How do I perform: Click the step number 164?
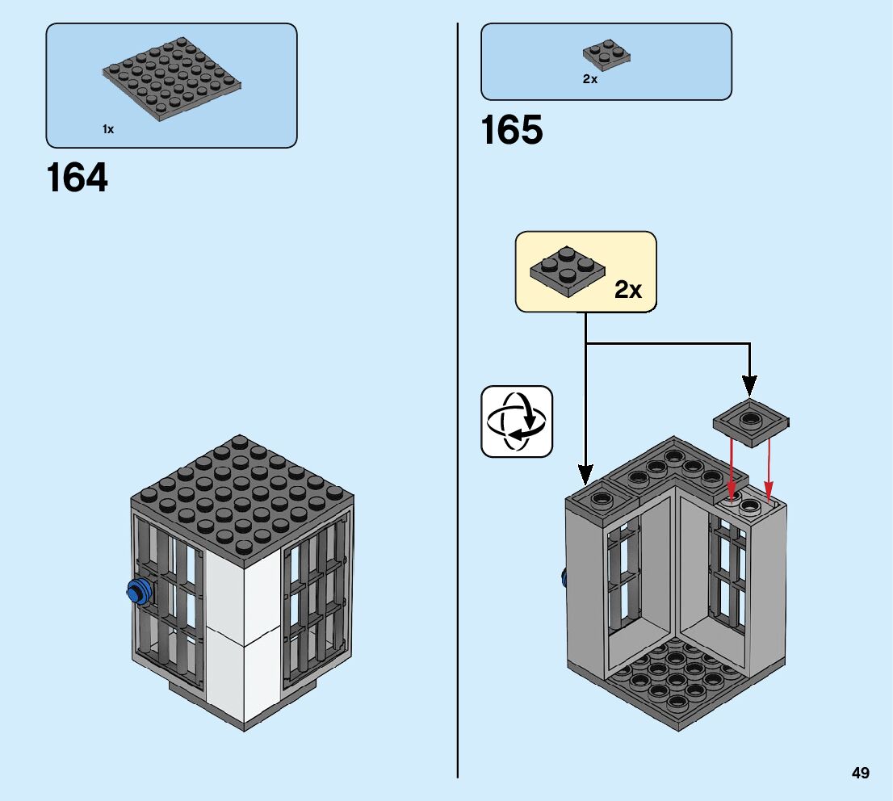pos(78,178)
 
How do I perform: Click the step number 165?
pos(512,131)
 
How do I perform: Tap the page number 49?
pos(860,774)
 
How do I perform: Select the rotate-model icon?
pos(517,421)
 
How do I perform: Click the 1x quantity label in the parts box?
pos(108,129)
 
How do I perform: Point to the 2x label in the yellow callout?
pos(628,290)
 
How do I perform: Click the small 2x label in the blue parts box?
pos(589,79)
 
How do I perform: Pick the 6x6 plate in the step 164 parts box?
pos(172,81)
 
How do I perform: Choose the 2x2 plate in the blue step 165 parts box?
pos(606,55)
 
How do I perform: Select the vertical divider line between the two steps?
pos(458,404)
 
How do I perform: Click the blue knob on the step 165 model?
pos(565,577)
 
